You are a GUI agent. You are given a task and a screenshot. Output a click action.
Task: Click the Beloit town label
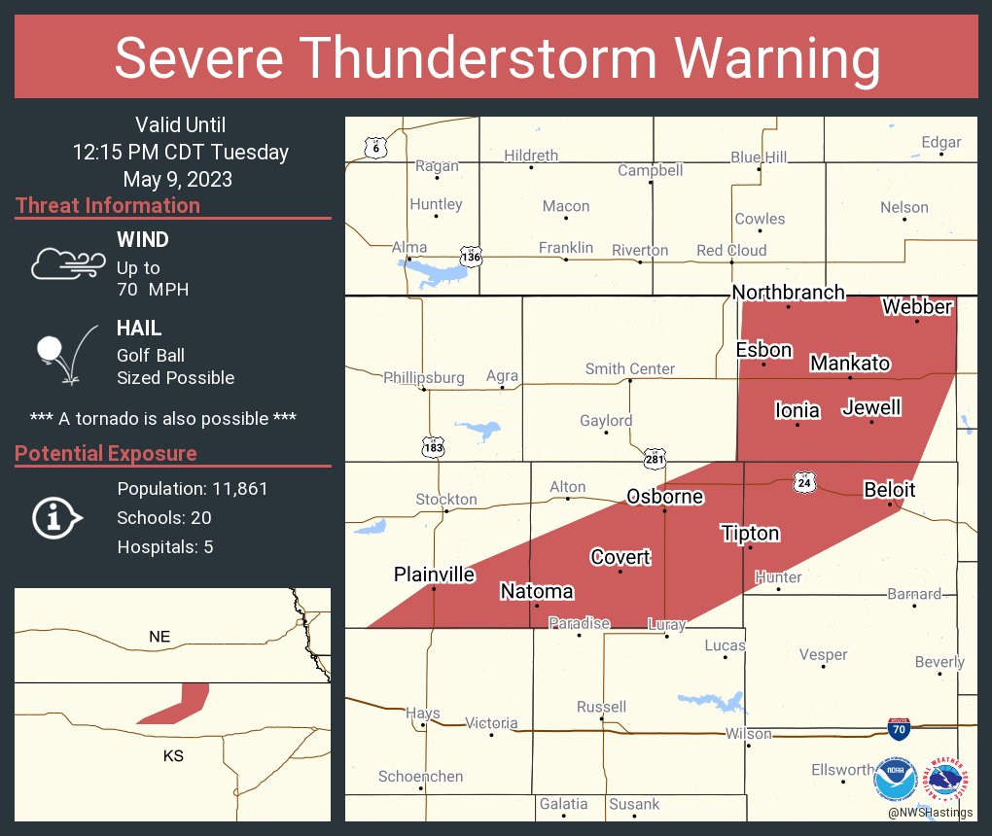(890, 490)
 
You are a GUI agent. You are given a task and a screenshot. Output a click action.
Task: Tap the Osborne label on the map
(664, 496)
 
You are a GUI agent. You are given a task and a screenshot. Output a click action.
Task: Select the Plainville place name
(434, 575)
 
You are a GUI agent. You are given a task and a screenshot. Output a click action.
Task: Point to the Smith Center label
(629, 368)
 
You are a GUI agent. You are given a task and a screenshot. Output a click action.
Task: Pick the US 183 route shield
(434, 446)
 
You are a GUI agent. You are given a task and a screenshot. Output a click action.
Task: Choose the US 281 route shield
(655, 457)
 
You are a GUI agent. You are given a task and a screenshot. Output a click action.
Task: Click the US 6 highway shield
(375, 147)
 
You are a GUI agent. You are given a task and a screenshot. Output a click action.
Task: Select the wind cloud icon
(65, 263)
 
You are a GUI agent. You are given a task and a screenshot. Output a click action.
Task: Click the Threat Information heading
(108, 206)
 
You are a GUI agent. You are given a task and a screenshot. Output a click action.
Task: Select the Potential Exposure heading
(106, 454)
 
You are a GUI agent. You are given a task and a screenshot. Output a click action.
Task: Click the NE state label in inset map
(159, 636)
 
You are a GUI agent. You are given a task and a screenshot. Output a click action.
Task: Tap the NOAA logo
(895, 780)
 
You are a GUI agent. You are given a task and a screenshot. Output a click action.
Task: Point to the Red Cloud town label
(730, 250)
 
